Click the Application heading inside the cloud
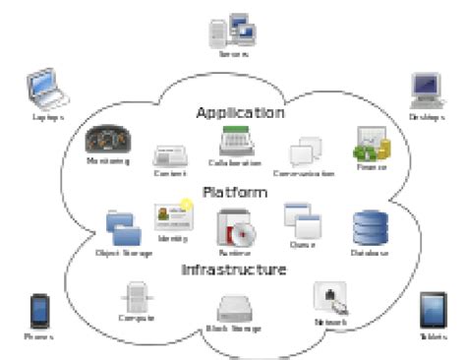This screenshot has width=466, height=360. coord(240,113)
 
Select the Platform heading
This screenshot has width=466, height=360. coord(233,192)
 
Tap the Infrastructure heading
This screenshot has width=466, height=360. coord(233,269)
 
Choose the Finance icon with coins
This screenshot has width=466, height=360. coord(371,146)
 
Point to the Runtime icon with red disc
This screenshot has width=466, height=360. coord(236,228)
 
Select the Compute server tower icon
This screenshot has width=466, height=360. coord(137,296)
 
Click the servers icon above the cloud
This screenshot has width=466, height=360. coord(233,29)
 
